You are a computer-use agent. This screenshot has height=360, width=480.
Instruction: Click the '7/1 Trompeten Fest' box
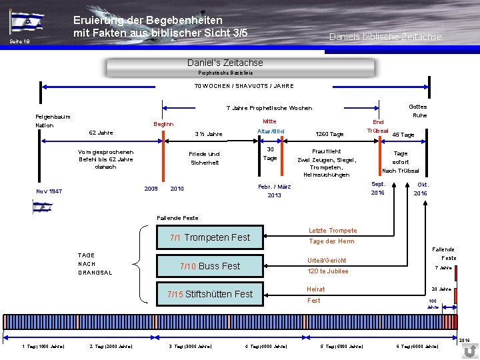point(209,237)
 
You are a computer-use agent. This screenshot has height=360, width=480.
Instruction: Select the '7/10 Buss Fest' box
point(209,266)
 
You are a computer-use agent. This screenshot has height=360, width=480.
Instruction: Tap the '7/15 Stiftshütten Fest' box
point(209,294)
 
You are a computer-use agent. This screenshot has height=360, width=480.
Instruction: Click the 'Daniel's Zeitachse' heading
point(225,63)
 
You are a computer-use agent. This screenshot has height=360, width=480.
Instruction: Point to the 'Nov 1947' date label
point(49,191)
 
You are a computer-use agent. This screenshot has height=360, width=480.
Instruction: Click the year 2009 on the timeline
point(151,189)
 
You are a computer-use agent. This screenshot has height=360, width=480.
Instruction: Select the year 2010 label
point(177,189)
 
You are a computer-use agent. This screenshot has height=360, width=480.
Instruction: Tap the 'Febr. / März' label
point(275,187)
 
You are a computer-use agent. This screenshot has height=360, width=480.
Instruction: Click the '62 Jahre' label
point(101,133)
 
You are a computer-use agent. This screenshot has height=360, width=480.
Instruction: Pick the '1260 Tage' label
point(329,135)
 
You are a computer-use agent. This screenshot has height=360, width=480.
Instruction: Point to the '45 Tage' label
point(403,135)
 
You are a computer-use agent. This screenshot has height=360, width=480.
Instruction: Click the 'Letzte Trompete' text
point(332,231)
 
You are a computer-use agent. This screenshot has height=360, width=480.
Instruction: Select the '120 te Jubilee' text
point(327,271)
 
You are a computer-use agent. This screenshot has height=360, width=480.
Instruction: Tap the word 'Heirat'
point(315,289)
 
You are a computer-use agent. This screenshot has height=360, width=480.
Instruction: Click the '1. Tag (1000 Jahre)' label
point(43,347)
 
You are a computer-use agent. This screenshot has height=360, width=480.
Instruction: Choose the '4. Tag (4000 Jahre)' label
point(266,347)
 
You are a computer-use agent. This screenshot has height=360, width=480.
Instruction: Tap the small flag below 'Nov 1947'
point(41,207)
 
